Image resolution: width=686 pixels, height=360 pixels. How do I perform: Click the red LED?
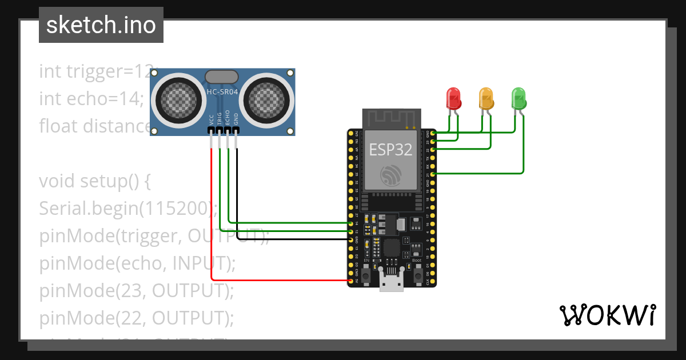[453, 98]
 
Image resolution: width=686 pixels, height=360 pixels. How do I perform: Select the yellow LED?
[486, 98]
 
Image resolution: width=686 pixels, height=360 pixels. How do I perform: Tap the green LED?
[519, 98]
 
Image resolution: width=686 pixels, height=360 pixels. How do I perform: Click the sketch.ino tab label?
[101, 25]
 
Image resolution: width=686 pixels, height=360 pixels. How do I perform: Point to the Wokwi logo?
[607, 315]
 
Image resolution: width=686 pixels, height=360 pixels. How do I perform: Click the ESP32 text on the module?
[390, 150]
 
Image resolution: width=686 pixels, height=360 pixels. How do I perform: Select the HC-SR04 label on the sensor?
[222, 91]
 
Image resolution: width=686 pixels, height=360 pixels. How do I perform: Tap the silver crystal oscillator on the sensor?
[221, 77]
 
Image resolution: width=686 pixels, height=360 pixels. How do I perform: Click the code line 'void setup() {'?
[94, 181]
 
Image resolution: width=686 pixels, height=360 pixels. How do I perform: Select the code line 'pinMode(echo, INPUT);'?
[137, 263]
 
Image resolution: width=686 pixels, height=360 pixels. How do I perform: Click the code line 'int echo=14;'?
[91, 99]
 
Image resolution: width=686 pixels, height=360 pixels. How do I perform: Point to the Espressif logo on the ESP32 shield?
[392, 175]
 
